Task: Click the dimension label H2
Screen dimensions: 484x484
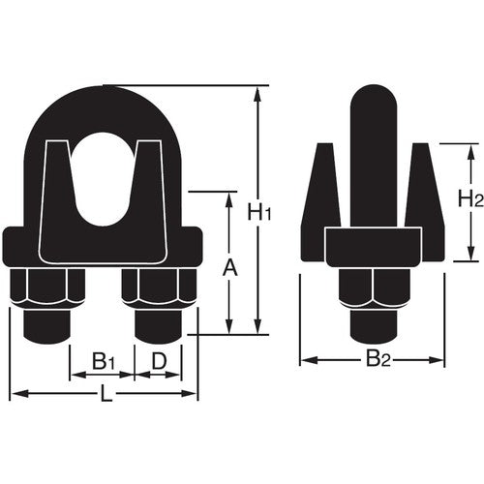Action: (471, 200)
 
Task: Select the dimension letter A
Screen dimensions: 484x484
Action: (229, 264)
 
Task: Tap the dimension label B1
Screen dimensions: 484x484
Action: (104, 361)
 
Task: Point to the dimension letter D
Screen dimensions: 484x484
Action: (160, 361)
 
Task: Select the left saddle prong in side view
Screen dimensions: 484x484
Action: (320, 194)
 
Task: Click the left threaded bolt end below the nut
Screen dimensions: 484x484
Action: (45, 325)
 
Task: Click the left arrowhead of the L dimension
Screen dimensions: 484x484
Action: (15, 394)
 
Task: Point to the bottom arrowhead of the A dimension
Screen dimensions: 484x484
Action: (229, 329)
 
